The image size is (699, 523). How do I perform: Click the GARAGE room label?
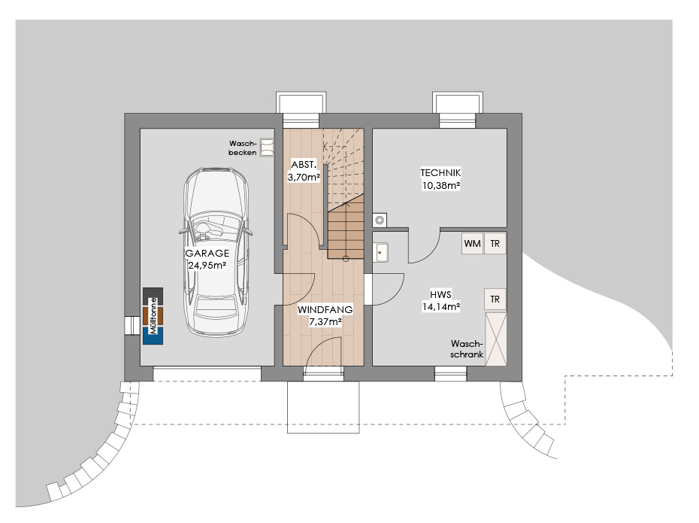(x=207, y=253)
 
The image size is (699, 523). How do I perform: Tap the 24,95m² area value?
(x=207, y=266)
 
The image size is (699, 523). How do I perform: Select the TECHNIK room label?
(x=440, y=172)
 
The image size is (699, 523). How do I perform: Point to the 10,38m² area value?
(x=441, y=185)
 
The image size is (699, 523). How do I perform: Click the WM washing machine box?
(x=473, y=244)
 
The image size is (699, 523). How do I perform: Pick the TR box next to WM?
(x=495, y=244)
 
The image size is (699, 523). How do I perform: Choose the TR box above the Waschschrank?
(x=495, y=299)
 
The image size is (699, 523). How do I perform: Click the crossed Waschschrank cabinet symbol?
(x=496, y=339)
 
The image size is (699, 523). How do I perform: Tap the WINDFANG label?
(x=325, y=309)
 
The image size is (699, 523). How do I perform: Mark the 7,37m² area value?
(x=325, y=321)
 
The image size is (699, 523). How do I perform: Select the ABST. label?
(x=304, y=164)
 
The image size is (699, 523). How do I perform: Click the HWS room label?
(x=440, y=294)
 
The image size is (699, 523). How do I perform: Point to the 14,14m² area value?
(x=441, y=306)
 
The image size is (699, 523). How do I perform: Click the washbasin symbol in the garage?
(x=267, y=147)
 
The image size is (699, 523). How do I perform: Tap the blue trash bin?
(x=153, y=336)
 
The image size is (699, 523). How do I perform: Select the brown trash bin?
(x=153, y=316)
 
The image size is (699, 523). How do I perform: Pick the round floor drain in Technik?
(x=380, y=220)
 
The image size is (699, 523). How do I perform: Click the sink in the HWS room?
(x=380, y=253)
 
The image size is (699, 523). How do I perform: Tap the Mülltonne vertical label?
(x=153, y=316)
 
